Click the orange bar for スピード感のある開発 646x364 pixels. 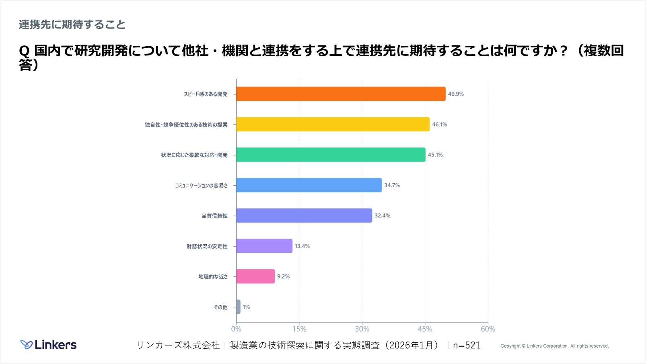tap(341, 94)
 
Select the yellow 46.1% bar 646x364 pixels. tap(333, 125)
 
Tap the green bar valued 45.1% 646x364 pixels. tap(331, 155)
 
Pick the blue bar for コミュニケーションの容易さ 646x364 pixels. tap(309, 185)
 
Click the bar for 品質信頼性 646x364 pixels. tap(304, 216)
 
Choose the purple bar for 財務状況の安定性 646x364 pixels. tap(264, 246)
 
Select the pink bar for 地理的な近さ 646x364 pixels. tap(255, 276)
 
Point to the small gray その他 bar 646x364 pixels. tap(239, 307)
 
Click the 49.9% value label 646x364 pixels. tap(456, 94)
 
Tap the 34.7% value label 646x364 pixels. tap(392, 185)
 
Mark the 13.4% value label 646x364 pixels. tap(302, 246)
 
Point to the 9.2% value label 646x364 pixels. tap(283, 276)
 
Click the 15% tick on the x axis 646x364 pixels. tap(299, 329)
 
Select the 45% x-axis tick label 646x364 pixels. tap(425, 329)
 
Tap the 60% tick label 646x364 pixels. tap(488, 329)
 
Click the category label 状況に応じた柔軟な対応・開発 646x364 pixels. tap(194, 155)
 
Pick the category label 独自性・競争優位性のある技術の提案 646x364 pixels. tap(186, 125)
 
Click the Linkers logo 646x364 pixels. tap(49, 345)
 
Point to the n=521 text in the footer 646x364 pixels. tap(467, 346)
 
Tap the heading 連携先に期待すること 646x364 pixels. tap(72, 25)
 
